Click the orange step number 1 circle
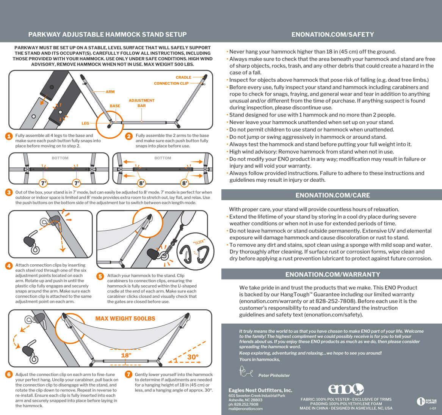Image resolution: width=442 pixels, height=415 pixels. (9, 136)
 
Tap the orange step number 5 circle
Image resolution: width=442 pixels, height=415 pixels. (100, 277)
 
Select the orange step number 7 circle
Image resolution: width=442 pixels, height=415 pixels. (129, 374)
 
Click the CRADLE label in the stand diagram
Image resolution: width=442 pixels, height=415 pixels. (183, 77)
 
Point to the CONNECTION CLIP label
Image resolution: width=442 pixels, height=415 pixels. (171, 83)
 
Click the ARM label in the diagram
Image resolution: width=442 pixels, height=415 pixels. (110, 92)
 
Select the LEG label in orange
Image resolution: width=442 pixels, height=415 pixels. (85, 123)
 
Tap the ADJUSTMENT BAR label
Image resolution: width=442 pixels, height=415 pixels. (141, 103)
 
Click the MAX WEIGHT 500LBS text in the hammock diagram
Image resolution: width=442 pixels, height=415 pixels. (125, 319)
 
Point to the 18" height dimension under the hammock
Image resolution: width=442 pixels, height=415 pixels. (126, 355)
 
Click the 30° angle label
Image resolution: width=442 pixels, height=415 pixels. (193, 357)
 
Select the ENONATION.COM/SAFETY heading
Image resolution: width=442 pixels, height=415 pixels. (332, 35)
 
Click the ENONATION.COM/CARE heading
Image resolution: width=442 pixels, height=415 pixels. (332, 195)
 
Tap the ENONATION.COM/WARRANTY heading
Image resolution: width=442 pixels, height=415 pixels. (332, 274)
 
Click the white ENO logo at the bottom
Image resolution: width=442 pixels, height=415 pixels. (346, 389)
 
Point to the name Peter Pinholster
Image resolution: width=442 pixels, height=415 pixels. (274, 376)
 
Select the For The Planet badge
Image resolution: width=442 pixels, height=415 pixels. (426, 401)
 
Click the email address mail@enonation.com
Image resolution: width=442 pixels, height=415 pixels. (245, 409)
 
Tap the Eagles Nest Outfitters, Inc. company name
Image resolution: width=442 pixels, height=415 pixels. (260, 390)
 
